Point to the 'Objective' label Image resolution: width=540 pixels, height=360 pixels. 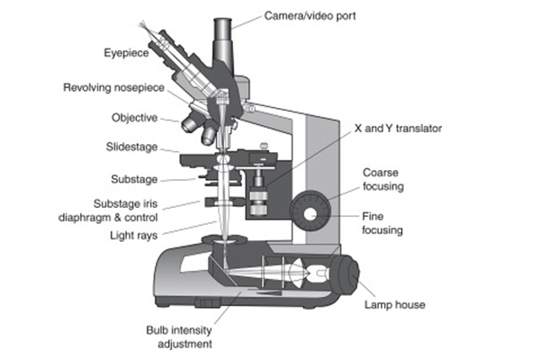(135, 117)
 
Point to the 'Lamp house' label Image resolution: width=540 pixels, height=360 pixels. (394, 305)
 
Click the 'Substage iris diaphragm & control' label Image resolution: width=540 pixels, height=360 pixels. (126, 211)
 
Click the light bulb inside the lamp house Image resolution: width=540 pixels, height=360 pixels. (315, 271)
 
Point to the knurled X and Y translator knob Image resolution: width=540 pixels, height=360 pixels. (260, 199)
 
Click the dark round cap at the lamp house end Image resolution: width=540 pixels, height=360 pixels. (350, 274)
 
